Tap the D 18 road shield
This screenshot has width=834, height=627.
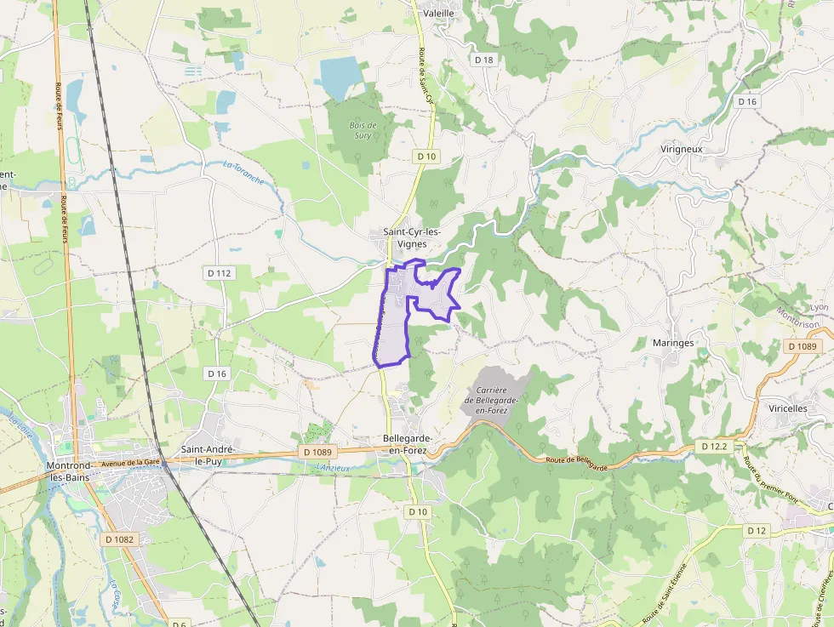tap(484, 60)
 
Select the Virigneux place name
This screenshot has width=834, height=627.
tap(681, 149)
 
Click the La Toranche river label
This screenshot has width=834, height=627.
tap(243, 173)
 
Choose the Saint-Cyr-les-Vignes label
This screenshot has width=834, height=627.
tap(416, 237)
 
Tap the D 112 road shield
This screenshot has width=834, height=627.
tap(219, 273)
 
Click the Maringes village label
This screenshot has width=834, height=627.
tap(672, 343)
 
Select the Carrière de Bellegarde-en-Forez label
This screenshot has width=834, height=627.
tap(487, 400)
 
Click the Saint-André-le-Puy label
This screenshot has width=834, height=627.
tap(208, 454)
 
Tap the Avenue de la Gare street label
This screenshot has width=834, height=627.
tap(131, 463)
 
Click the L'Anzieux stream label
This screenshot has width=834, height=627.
tap(333, 467)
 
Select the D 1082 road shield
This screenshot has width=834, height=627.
tap(120, 539)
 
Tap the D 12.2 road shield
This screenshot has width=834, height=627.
tap(713, 446)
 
